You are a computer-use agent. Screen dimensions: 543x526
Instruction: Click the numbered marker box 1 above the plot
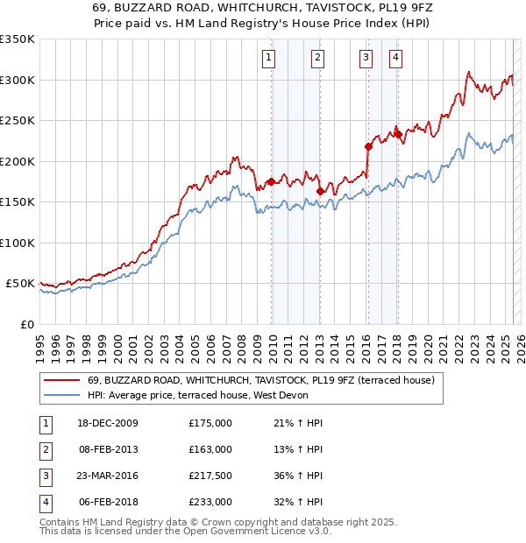[267, 59]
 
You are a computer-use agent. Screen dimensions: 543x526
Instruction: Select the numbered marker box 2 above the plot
[316, 59]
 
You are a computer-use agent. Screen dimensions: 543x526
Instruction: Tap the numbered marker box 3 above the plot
[366, 59]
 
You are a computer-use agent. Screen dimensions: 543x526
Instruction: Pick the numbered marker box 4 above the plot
[395, 59]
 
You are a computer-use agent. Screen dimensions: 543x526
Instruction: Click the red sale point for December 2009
[271, 182]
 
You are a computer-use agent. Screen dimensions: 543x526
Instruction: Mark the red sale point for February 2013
[320, 192]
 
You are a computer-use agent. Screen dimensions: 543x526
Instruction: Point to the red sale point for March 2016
[368, 147]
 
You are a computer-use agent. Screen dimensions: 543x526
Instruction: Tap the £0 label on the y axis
[26, 324]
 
